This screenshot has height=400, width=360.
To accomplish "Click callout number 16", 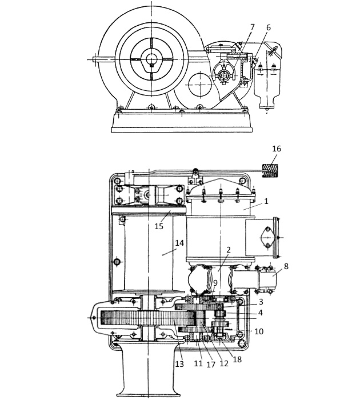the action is click(277, 149).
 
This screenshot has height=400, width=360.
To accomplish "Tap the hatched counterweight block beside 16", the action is click(270, 171).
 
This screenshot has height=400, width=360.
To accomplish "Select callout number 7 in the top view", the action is click(253, 27).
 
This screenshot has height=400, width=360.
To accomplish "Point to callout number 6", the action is click(268, 27).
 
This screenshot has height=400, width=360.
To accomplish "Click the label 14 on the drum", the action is click(179, 243).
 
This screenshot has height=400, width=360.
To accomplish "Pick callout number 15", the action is click(159, 226).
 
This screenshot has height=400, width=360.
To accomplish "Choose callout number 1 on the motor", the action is click(266, 201).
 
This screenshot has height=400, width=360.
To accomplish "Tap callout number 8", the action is click(286, 266).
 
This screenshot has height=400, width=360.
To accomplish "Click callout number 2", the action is click(229, 250).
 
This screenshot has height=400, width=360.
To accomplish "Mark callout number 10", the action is click(259, 331).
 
